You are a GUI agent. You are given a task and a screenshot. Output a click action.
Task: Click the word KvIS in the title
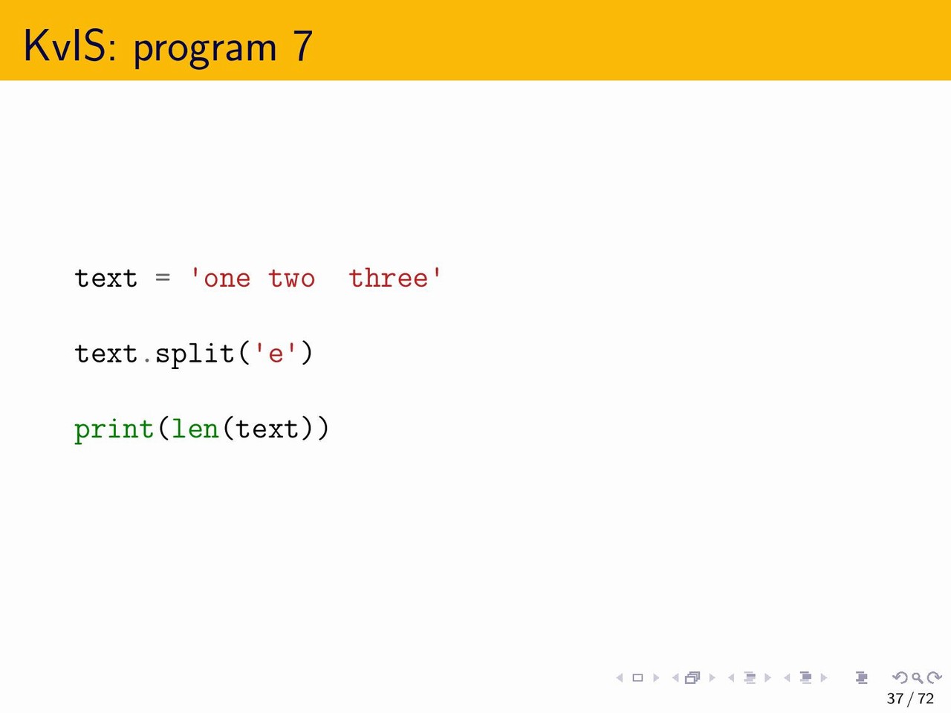69,46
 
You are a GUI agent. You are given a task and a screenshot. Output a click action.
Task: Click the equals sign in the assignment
163,277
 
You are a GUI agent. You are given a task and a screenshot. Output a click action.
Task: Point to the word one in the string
227,279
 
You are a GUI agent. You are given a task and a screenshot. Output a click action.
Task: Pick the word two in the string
291,279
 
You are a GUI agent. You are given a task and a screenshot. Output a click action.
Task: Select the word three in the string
389,278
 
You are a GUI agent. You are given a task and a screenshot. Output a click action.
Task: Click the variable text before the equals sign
106,278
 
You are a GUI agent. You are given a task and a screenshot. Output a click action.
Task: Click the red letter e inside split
276,354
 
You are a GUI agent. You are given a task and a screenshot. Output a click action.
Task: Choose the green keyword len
195,429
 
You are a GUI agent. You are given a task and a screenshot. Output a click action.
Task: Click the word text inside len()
267,429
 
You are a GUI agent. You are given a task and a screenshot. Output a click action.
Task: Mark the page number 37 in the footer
895,698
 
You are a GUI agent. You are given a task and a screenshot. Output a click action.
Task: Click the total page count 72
926,698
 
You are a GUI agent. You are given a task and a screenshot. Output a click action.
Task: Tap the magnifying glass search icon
918,677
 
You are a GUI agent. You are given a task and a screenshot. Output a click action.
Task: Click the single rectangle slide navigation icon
637,677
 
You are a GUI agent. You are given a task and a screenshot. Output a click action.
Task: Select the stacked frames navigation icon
692,677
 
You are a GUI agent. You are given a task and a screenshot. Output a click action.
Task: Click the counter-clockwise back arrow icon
900,677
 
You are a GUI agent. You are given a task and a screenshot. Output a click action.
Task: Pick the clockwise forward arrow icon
935,677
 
